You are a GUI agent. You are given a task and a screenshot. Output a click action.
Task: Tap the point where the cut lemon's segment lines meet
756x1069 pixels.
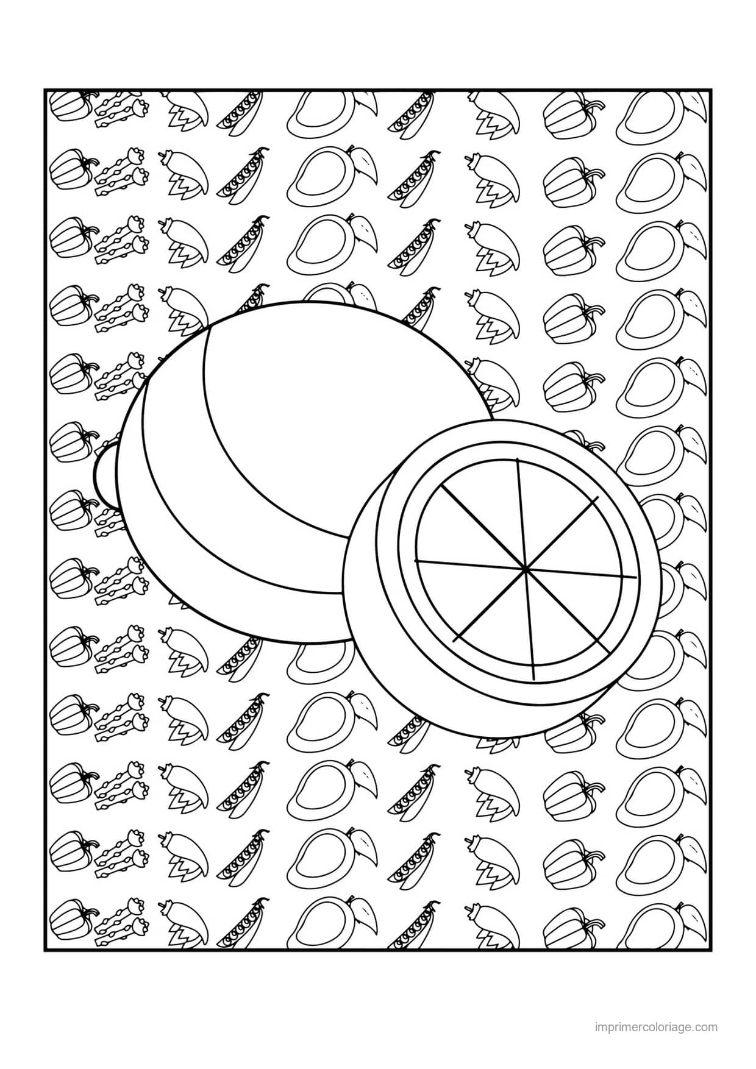pos(524,569)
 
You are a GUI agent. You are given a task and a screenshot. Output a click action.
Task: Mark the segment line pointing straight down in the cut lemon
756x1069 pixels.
pos(529,624)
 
